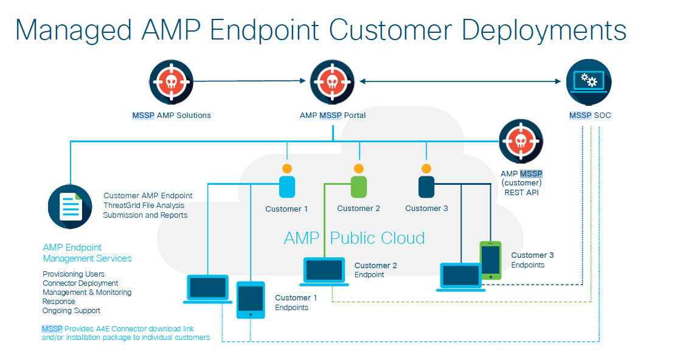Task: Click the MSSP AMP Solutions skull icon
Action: tap(171, 82)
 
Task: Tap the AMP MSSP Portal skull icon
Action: tap(332, 82)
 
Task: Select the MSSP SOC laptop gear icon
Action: tap(589, 82)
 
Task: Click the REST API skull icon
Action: tap(521, 142)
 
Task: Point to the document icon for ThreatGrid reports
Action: tap(70, 207)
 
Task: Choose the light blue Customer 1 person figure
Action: tap(287, 181)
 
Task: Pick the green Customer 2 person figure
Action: tap(359, 181)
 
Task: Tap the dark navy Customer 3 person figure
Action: tap(426, 181)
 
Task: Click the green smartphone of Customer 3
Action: tap(490, 260)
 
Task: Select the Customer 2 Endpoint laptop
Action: tap(324, 272)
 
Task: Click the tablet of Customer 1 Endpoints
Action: tap(251, 300)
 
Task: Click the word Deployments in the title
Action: tap(544, 31)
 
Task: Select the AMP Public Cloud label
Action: tap(355, 238)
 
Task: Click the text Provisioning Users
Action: tap(74, 274)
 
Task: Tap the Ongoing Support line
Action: tap(71, 310)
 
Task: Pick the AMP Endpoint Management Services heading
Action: tap(87, 253)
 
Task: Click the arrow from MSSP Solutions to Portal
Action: tap(249, 81)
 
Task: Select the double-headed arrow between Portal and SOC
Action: tap(460, 81)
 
